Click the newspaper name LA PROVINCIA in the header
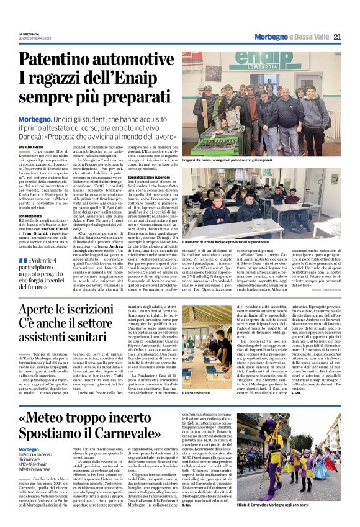29,34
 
